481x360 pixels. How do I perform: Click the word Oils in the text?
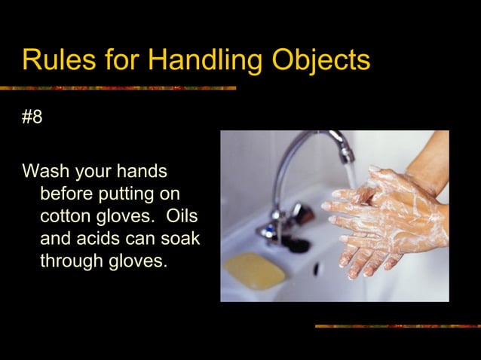pyautogui.click(x=182, y=216)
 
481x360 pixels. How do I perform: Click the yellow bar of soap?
pyautogui.click(x=255, y=269)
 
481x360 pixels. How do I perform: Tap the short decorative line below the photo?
pyautogui.click(x=397, y=326)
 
